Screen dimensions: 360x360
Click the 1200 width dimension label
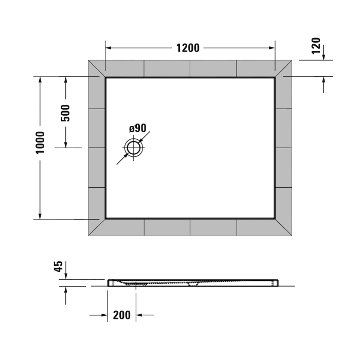(x=187, y=48)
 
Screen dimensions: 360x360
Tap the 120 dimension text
(x=316, y=46)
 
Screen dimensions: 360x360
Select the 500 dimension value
(x=65, y=113)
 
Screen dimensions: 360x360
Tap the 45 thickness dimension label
(x=59, y=266)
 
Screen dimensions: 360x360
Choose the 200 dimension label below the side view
(x=121, y=315)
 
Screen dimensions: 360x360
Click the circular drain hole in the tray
(x=135, y=148)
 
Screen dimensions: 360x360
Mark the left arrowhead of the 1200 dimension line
(x=109, y=48)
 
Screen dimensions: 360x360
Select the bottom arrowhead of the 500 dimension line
(x=65, y=144)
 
